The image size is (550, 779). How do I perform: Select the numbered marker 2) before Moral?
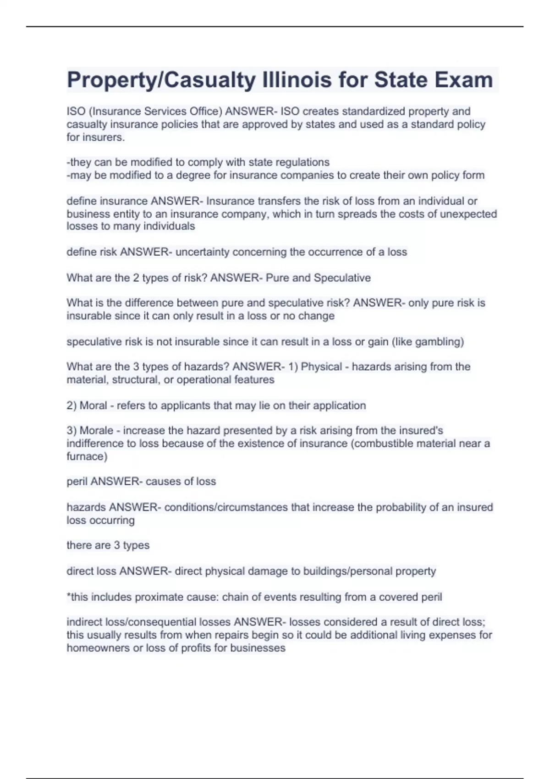click(x=72, y=406)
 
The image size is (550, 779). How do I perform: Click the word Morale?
click(x=96, y=431)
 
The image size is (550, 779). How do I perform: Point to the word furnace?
click(x=86, y=456)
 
